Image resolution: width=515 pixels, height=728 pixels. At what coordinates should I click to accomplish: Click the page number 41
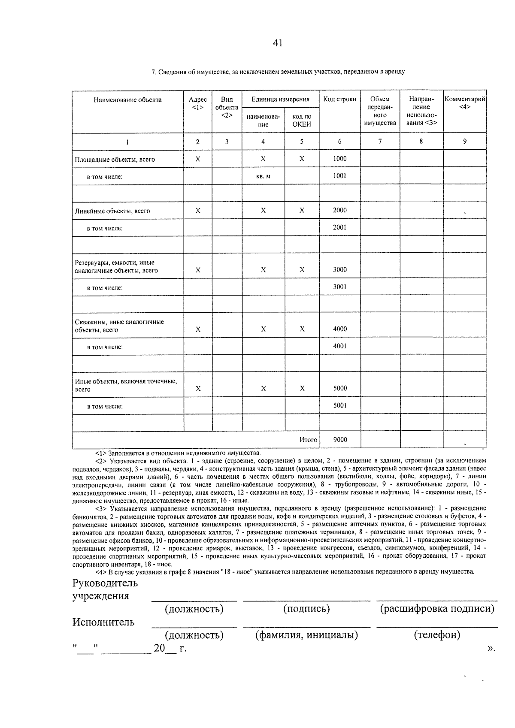click(277, 43)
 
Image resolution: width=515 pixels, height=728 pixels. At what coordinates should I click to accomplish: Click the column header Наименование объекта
click(127, 100)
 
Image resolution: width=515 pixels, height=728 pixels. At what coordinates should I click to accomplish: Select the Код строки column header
click(339, 99)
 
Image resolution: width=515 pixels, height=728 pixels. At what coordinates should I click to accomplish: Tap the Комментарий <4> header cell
click(465, 103)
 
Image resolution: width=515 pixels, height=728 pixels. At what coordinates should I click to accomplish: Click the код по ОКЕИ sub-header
click(302, 120)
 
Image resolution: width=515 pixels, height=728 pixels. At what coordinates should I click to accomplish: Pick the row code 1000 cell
click(339, 159)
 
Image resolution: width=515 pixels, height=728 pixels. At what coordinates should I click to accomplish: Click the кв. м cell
click(263, 176)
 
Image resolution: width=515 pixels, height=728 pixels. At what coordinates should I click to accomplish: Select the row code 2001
click(339, 227)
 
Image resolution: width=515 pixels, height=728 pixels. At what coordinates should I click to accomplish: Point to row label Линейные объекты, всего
click(112, 211)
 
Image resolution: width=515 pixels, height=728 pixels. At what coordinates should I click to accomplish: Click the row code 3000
click(339, 269)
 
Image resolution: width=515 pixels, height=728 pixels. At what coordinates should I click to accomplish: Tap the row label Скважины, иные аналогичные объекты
click(119, 326)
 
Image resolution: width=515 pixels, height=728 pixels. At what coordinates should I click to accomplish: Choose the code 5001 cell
click(339, 405)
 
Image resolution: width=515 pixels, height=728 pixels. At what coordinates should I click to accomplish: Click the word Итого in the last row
click(308, 440)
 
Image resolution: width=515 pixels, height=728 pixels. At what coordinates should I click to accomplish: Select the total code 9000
click(339, 440)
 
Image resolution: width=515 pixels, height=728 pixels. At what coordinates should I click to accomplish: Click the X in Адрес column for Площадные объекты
click(197, 159)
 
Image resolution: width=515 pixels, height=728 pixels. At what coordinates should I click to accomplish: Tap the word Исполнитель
click(103, 622)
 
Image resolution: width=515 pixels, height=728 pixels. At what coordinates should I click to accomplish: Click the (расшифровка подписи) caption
click(437, 609)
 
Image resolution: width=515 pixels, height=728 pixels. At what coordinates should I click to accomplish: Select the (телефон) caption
click(437, 635)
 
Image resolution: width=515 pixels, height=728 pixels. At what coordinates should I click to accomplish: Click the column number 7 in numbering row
click(380, 141)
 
